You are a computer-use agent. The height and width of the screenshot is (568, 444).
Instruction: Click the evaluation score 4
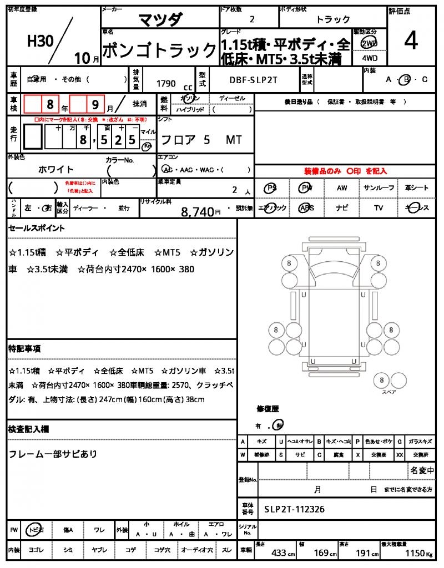tap(411, 41)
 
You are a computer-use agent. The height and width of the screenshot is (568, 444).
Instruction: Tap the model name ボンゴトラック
tap(159, 50)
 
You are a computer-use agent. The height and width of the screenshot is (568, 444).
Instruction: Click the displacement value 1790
tap(166, 84)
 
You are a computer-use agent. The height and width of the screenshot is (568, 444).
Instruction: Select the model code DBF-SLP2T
tap(254, 80)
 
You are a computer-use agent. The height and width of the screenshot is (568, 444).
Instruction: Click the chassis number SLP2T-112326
tap(295, 509)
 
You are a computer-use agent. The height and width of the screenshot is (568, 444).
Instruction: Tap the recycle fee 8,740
tap(198, 211)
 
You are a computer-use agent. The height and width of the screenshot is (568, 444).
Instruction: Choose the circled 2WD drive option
tap(368, 43)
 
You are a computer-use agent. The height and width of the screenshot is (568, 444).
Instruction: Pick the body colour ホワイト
tap(56, 169)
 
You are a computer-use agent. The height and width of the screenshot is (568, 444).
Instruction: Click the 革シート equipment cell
tap(416, 188)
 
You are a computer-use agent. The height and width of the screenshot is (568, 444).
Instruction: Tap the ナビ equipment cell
tap(342, 208)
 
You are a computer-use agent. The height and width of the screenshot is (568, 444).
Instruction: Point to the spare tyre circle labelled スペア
tap(382, 381)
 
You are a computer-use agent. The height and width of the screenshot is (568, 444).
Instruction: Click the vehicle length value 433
tap(279, 553)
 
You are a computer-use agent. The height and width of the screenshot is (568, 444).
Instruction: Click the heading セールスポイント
tap(37, 228)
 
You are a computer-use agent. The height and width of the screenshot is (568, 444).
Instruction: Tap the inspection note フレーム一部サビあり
tap(53, 454)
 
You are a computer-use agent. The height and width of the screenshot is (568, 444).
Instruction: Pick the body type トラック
tap(333, 19)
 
